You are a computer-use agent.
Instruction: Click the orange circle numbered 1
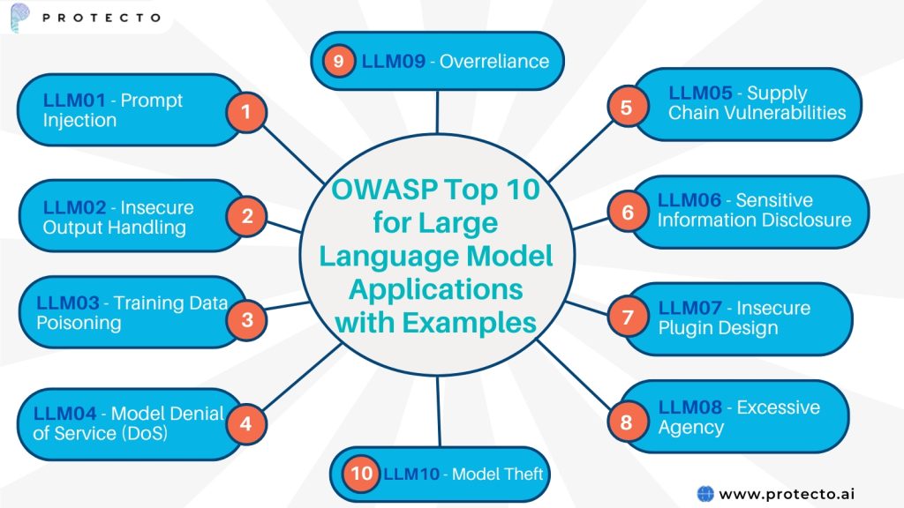245,112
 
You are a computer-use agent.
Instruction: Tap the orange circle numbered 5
626,108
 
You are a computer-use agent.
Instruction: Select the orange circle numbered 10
362,474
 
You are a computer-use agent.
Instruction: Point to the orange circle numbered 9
338,62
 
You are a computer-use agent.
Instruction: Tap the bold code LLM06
690,200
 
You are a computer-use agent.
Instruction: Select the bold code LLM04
66,413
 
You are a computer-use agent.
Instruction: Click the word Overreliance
494,62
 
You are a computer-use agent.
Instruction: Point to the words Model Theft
497,474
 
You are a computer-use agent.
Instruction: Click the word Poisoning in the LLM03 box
79,323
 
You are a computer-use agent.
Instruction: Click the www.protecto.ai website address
787,494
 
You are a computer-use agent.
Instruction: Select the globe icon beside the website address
704,494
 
